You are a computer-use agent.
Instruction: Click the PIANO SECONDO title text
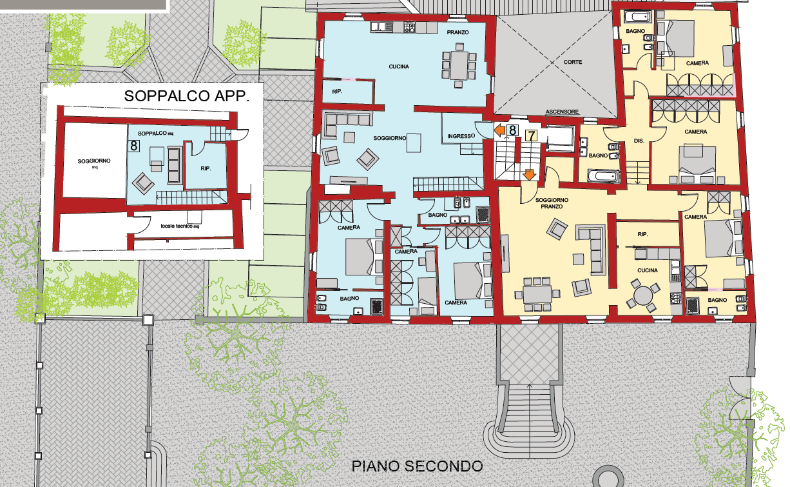point(417,466)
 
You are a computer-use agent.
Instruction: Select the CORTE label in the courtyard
point(572,62)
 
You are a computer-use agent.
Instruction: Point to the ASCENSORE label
point(563,112)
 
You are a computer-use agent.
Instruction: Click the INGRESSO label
point(461,136)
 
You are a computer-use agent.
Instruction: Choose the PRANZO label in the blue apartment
point(458,32)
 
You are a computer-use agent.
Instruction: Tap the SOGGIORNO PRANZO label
point(549,203)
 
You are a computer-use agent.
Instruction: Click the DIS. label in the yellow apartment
point(639,140)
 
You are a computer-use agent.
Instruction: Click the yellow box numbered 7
point(531,135)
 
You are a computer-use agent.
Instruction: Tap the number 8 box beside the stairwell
point(512,130)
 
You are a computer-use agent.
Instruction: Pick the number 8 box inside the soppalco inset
point(134,146)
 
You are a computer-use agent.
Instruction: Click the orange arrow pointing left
point(499,130)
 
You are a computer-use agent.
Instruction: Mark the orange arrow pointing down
point(529,174)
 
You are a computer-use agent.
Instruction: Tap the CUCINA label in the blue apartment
point(399,66)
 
